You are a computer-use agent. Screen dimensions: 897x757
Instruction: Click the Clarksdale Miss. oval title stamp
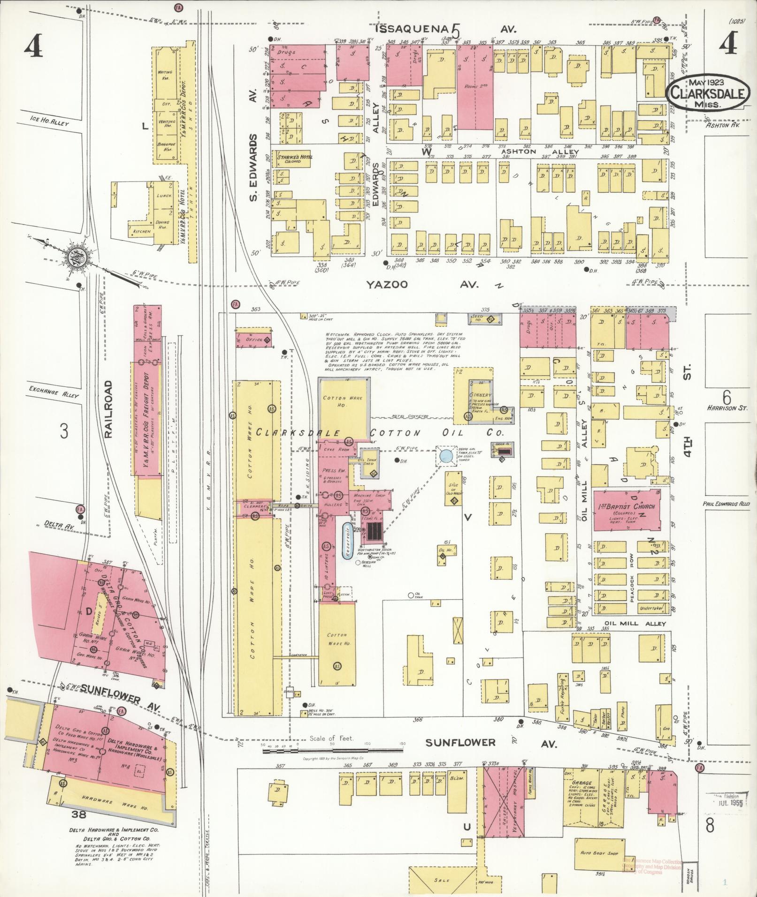pos(706,92)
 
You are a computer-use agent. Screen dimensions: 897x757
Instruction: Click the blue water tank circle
pos(446,455)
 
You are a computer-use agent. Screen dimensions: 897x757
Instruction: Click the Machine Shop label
pos(368,497)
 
